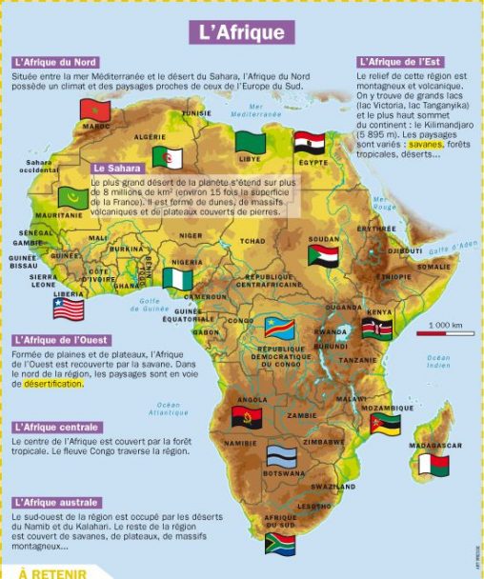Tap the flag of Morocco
96,110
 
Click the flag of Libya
250,144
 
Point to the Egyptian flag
310,143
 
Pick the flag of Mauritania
72,198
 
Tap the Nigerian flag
177,278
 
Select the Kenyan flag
376,329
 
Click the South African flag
280,543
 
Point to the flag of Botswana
281,456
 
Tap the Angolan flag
247,417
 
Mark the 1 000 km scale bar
438,333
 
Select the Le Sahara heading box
117,169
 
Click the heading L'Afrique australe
56,502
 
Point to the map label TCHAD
252,241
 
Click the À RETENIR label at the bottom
52,573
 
